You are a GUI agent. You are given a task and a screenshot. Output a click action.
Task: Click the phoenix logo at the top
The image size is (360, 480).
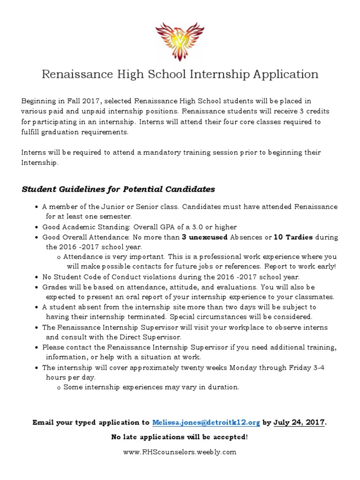click(180, 38)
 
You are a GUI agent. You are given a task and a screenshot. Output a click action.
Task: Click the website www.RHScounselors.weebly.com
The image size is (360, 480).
click(180, 452)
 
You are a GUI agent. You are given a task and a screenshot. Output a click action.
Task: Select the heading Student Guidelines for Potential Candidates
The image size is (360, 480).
click(119, 189)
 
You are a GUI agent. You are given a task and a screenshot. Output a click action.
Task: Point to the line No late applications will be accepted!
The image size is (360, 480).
click(180, 437)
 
